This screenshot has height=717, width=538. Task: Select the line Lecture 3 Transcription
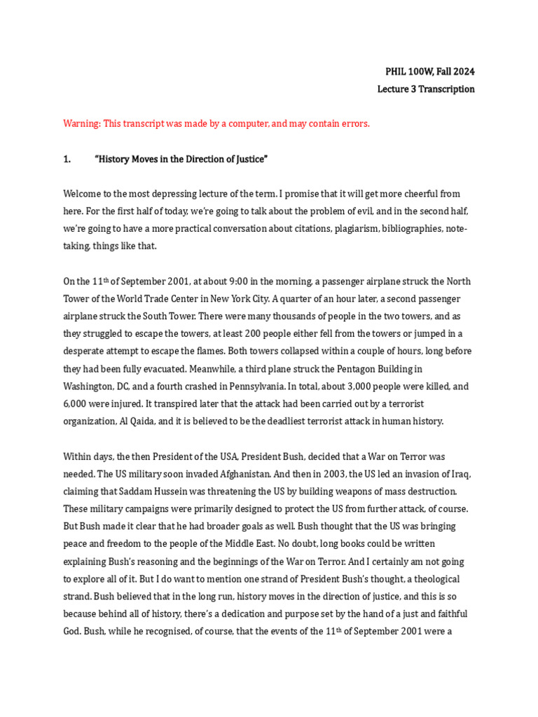click(x=426, y=89)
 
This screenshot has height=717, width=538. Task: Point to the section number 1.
click(x=67, y=159)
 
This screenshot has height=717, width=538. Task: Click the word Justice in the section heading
click(x=249, y=159)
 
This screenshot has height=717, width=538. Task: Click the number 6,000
click(x=76, y=403)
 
